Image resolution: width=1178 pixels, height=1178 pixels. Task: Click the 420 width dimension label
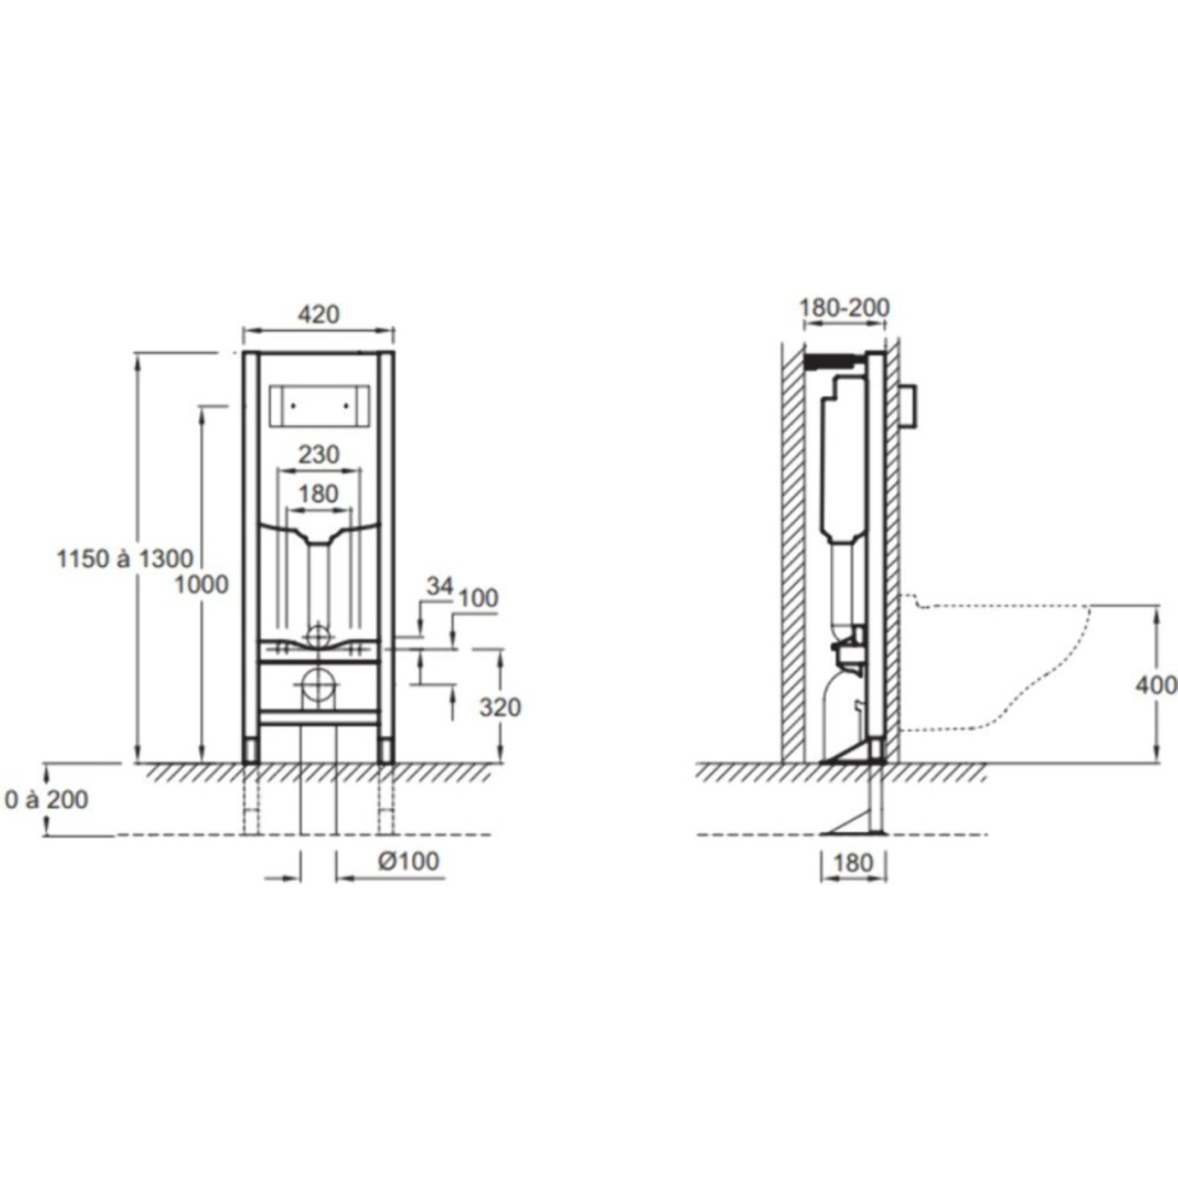pyautogui.click(x=318, y=314)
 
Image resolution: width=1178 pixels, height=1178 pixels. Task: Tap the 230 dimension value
pyautogui.click(x=318, y=454)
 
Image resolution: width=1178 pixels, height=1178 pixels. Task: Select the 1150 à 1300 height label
pyautogui.click(x=125, y=559)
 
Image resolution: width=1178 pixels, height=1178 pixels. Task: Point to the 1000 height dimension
pyautogui.click(x=202, y=585)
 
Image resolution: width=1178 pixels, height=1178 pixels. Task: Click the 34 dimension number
pyautogui.click(x=439, y=586)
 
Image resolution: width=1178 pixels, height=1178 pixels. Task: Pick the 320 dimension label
pyautogui.click(x=500, y=707)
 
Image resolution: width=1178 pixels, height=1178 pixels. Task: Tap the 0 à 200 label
pyautogui.click(x=47, y=800)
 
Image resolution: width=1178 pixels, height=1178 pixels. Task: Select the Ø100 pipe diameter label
pyautogui.click(x=408, y=861)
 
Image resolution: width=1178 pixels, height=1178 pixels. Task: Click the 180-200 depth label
pyautogui.click(x=844, y=307)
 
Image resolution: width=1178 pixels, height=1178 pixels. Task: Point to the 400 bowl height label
pyautogui.click(x=1156, y=685)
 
